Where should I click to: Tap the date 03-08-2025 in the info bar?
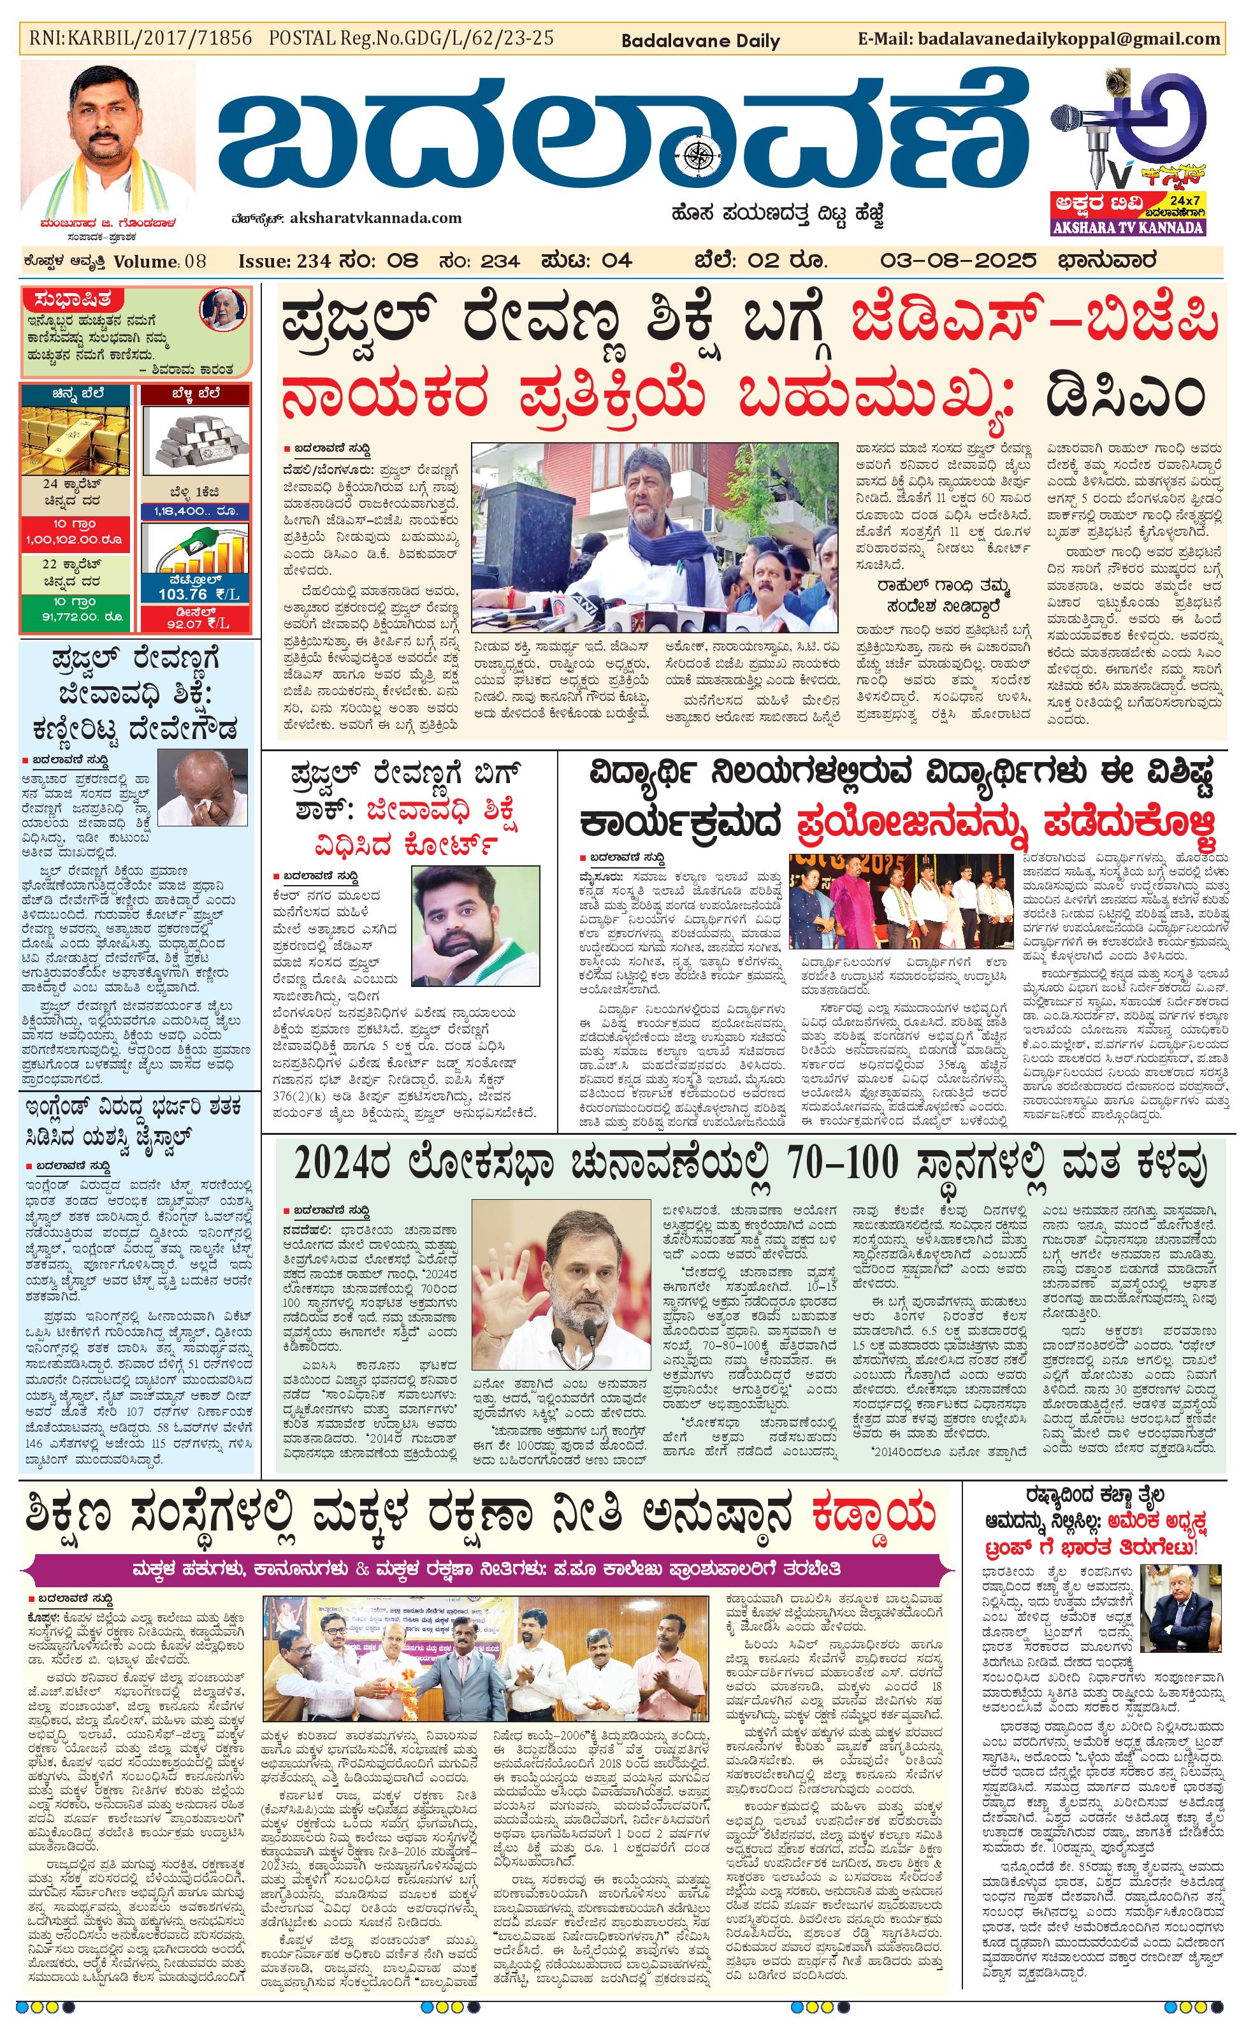(x=957, y=261)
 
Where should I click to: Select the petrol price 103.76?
(x=183, y=594)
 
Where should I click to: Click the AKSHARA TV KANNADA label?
(x=1128, y=227)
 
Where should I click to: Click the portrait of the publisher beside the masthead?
(x=108, y=140)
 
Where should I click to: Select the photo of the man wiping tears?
(x=203, y=787)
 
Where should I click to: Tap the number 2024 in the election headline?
(x=331, y=1164)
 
